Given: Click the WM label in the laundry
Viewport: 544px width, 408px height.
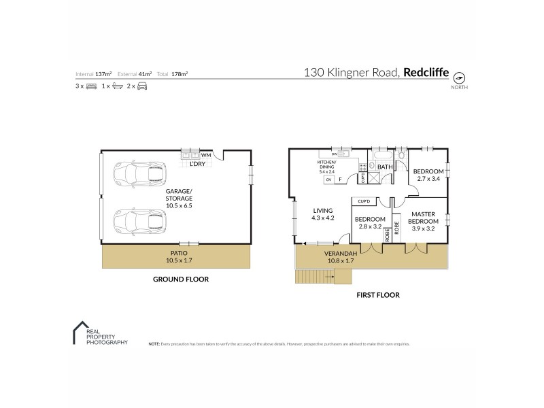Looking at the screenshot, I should pos(205,156).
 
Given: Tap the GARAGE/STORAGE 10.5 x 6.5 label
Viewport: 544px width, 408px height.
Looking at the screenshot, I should pos(180,198).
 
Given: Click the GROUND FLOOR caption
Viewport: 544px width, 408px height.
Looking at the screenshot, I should pos(180,279).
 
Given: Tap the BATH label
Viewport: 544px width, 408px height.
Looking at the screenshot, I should pos(385,167).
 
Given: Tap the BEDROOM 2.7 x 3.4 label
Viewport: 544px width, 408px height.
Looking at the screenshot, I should pos(428,175).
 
